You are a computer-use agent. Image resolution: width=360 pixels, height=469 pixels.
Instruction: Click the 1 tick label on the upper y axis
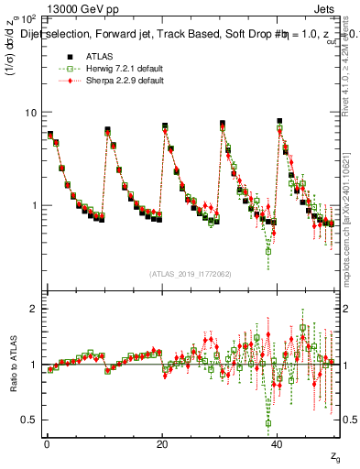33,205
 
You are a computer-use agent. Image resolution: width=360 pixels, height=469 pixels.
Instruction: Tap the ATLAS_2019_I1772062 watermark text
191,273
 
